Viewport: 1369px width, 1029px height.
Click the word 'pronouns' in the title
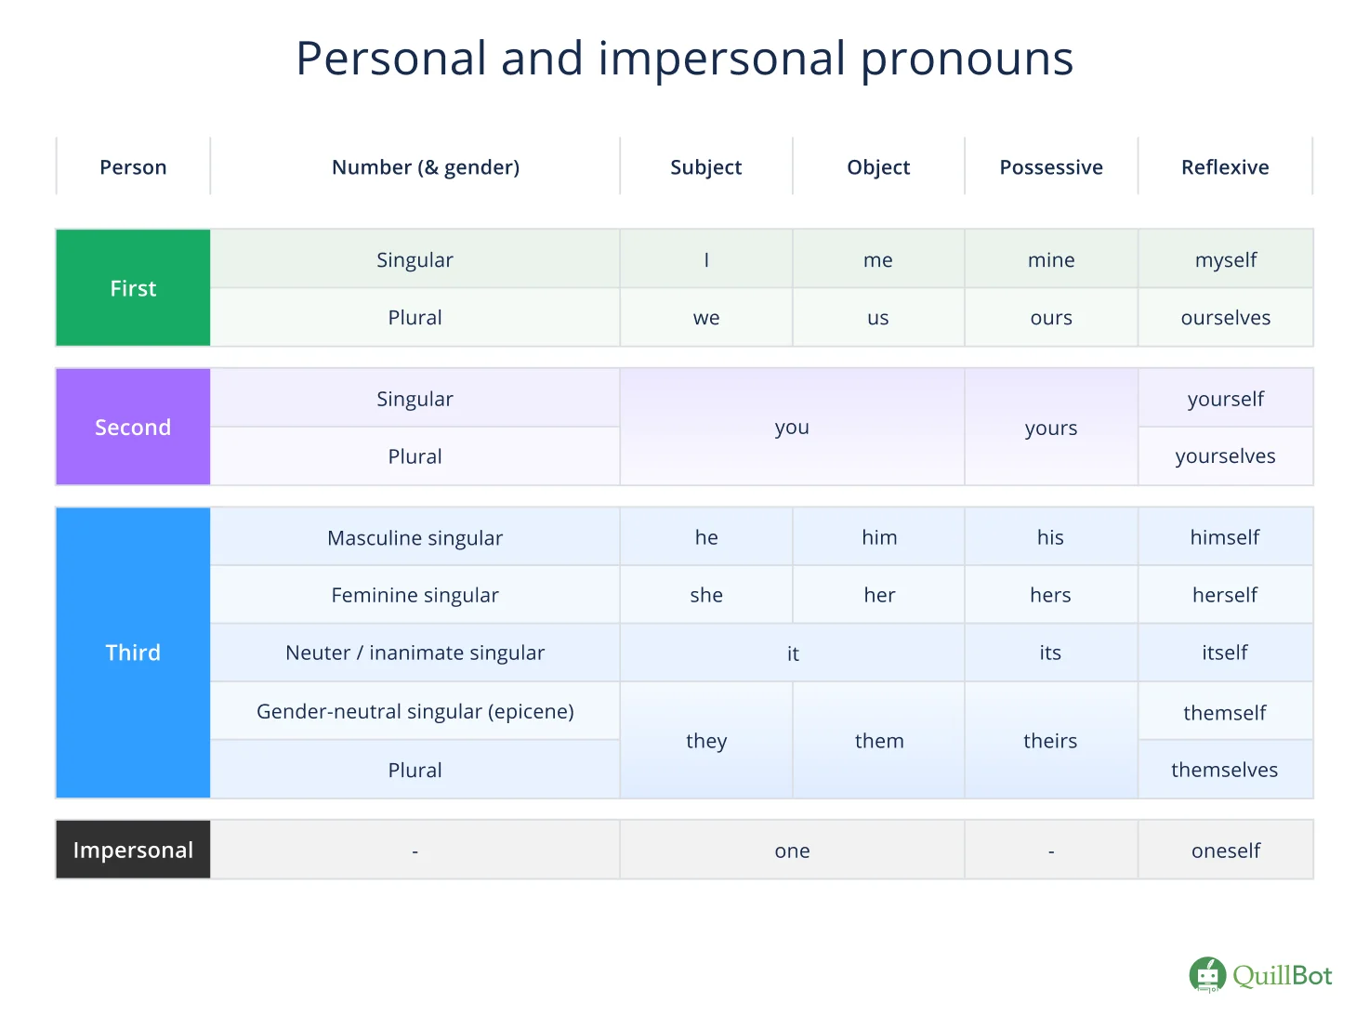point(967,59)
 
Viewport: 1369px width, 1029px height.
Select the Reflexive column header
point(1225,167)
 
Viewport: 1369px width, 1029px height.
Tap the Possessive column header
point(1051,167)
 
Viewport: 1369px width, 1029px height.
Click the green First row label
point(133,288)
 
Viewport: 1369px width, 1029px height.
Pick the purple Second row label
point(133,427)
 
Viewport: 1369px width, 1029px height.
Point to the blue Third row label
point(133,653)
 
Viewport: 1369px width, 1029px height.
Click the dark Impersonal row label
point(133,850)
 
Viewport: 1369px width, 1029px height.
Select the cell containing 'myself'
point(1225,260)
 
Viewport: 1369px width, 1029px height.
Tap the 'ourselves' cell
point(1225,318)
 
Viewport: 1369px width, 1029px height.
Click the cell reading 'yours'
point(1051,428)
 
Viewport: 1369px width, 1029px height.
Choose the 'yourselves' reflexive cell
point(1225,456)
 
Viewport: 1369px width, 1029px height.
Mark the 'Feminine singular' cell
point(415,595)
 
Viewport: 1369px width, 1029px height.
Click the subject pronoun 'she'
point(706,595)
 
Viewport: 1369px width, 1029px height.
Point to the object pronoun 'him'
point(879,537)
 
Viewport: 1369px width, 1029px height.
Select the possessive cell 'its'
point(1050,653)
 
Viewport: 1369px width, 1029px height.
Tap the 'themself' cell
point(1225,713)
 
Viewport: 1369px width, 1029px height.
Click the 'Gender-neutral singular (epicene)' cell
point(415,711)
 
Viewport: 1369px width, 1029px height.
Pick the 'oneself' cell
point(1225,851)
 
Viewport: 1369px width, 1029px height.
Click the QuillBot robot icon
point(1207,975)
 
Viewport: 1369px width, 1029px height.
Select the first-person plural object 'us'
point(878,318)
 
